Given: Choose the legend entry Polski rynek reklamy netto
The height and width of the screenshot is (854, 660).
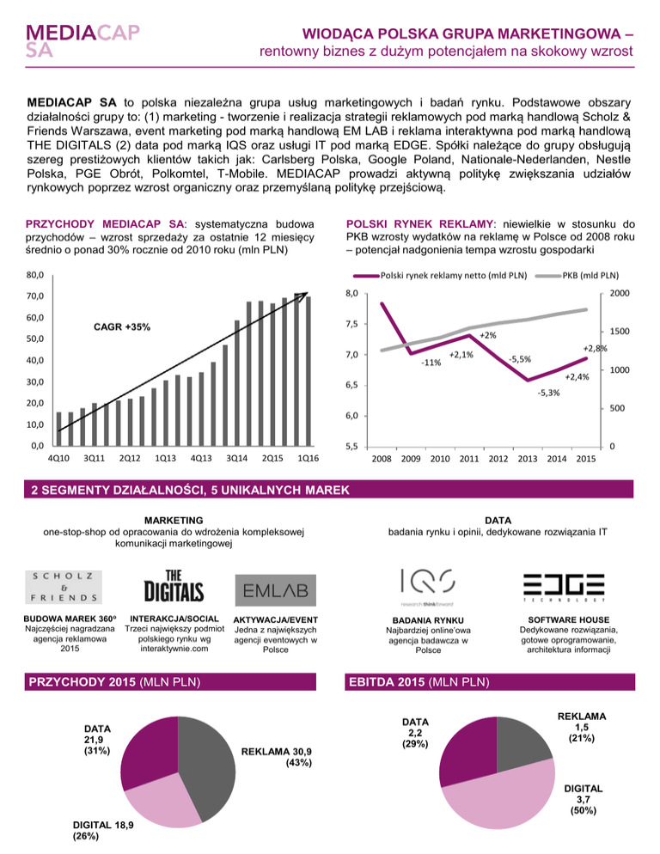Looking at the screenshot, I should click(x=443, y=277).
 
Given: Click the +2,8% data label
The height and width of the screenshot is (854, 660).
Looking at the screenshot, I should click(x=595, y=348).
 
